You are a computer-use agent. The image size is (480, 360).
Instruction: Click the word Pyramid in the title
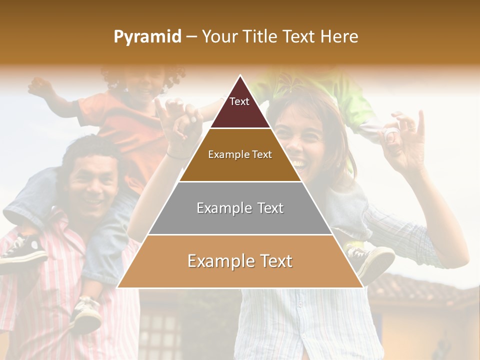147,37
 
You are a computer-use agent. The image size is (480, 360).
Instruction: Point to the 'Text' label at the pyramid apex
239,101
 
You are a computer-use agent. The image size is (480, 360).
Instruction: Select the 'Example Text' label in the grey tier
240,208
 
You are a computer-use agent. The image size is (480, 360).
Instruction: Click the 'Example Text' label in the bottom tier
240,261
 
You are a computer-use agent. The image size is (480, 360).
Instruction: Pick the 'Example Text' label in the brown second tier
240,154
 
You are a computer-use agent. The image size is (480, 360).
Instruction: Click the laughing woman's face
300,145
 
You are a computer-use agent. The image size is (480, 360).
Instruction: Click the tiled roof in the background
420,290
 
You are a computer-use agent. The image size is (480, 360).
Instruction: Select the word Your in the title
218,36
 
